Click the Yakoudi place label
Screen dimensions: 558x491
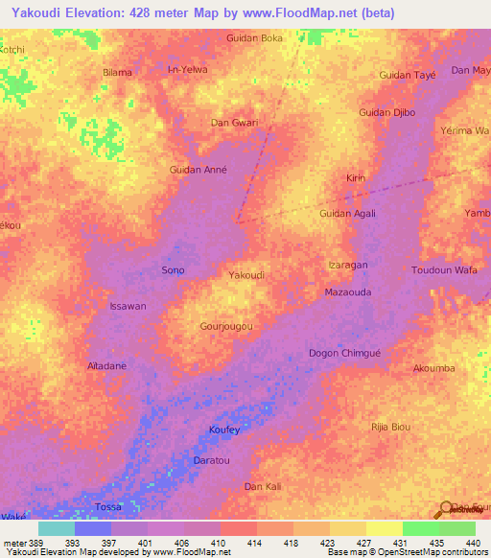coord(246,275)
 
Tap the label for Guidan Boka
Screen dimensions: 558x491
coord(254,37)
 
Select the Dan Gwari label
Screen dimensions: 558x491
coord(234,123)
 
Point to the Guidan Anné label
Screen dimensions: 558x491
coord(198,170)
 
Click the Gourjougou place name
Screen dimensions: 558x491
coord(226,326)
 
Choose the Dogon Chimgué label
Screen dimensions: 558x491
coord(344,353)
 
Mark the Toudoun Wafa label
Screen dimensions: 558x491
coord(444,270)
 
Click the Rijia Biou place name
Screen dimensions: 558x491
coord(390,426)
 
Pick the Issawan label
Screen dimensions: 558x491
coord(128,306)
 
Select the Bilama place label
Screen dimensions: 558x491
coord(117,72)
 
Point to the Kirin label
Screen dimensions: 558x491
coord(356,179)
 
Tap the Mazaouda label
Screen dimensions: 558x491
coord(347,291)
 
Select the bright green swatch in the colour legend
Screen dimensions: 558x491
coord(420,528)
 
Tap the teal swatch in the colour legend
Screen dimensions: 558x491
coord(56,528)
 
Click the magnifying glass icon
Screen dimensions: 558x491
coord(445,510)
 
